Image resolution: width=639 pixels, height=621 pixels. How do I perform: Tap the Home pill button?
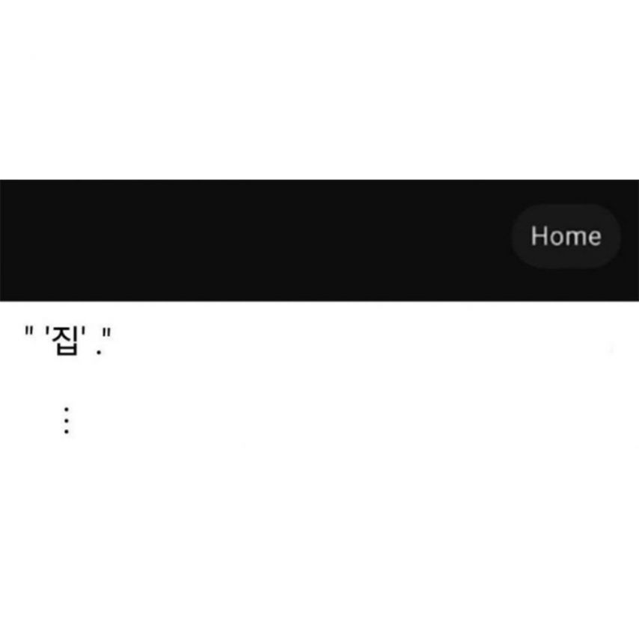click(566, 236)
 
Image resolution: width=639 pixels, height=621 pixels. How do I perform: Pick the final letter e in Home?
click(593, 238)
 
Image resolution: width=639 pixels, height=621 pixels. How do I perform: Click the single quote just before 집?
click(47, 333)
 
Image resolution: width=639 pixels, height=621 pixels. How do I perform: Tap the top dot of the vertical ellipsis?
click(67, 409)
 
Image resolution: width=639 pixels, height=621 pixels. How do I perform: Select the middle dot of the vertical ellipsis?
click(67, 420)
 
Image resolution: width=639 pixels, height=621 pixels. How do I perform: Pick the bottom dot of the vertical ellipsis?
click(67, 431)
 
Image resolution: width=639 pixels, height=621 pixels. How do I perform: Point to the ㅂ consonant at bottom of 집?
click(67, 350)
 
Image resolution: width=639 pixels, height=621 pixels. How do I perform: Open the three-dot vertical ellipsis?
click(67, 420)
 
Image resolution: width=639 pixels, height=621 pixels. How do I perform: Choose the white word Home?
click(566, 236)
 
